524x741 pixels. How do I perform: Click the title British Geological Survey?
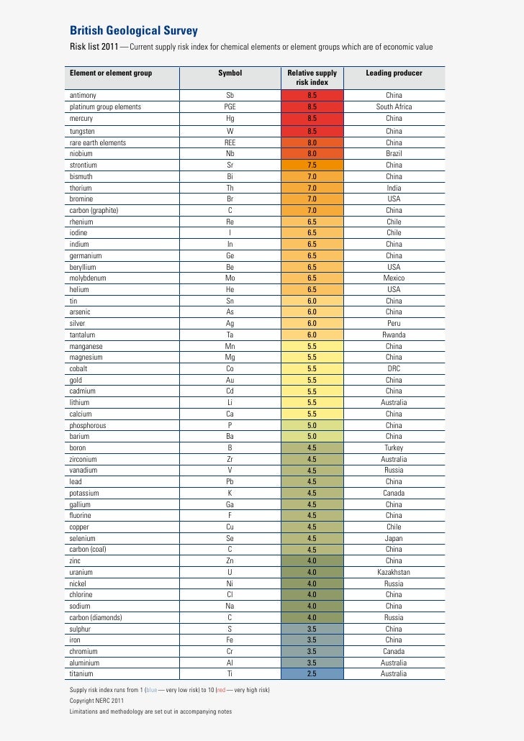point(133,31)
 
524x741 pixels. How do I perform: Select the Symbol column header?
point(230,73)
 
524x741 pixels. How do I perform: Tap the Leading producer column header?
point(394,73)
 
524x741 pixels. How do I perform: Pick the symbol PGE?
point(230,107)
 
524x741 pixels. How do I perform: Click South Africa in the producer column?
point(394,107)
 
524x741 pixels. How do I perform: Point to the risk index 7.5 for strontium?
point(312,165)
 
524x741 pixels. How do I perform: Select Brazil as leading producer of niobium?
point(394,153)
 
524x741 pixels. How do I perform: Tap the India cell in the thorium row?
point(394,188)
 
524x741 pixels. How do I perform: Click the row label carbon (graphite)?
point(94,211)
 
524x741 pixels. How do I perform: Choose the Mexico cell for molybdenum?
point(394,278)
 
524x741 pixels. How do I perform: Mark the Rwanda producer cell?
point(394,335)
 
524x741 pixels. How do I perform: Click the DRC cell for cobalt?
point(394,368)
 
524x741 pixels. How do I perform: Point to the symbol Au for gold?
point(230,380)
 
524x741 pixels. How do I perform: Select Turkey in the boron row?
point(394,447)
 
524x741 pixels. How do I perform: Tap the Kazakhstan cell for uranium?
point(394,572)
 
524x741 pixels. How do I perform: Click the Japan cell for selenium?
point(394,538)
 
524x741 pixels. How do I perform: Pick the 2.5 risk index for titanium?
point(312,674)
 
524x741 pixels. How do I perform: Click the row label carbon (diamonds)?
point(96,617)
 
